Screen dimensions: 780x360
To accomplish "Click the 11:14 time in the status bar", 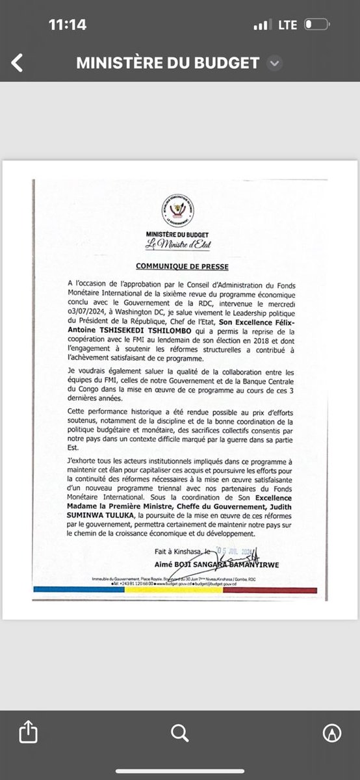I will click(x=67, y=25).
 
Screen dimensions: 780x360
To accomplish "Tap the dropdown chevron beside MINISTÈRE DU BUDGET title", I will click(x=275, y=63).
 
